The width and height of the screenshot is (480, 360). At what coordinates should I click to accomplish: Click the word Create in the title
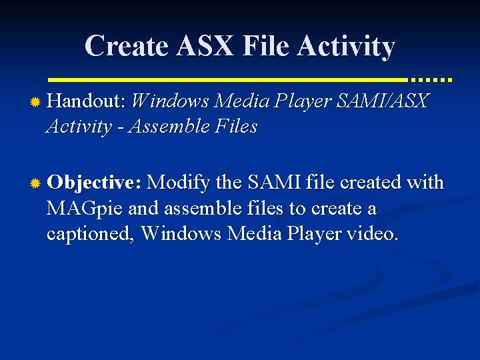(124, 46)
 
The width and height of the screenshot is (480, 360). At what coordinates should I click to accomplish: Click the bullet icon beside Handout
(36, 102)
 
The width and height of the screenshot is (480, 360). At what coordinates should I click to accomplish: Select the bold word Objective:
(94, 183)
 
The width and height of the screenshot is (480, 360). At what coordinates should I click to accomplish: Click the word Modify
(177, 183)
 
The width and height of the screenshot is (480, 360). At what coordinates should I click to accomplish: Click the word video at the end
(373, 234)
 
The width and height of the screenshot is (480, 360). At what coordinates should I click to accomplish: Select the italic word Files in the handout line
(236, 127)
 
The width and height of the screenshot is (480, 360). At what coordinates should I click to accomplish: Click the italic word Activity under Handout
(73, 127)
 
